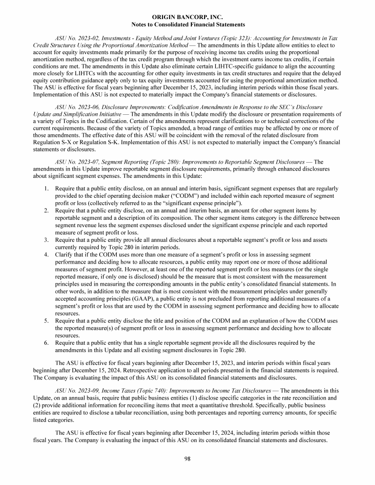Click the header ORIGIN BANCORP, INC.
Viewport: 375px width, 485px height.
pos(188,18)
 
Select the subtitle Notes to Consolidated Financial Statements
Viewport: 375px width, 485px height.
pos(188,24)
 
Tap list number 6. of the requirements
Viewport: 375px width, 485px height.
pos(45,343)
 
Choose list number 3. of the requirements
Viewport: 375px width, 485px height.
pos(45,240)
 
